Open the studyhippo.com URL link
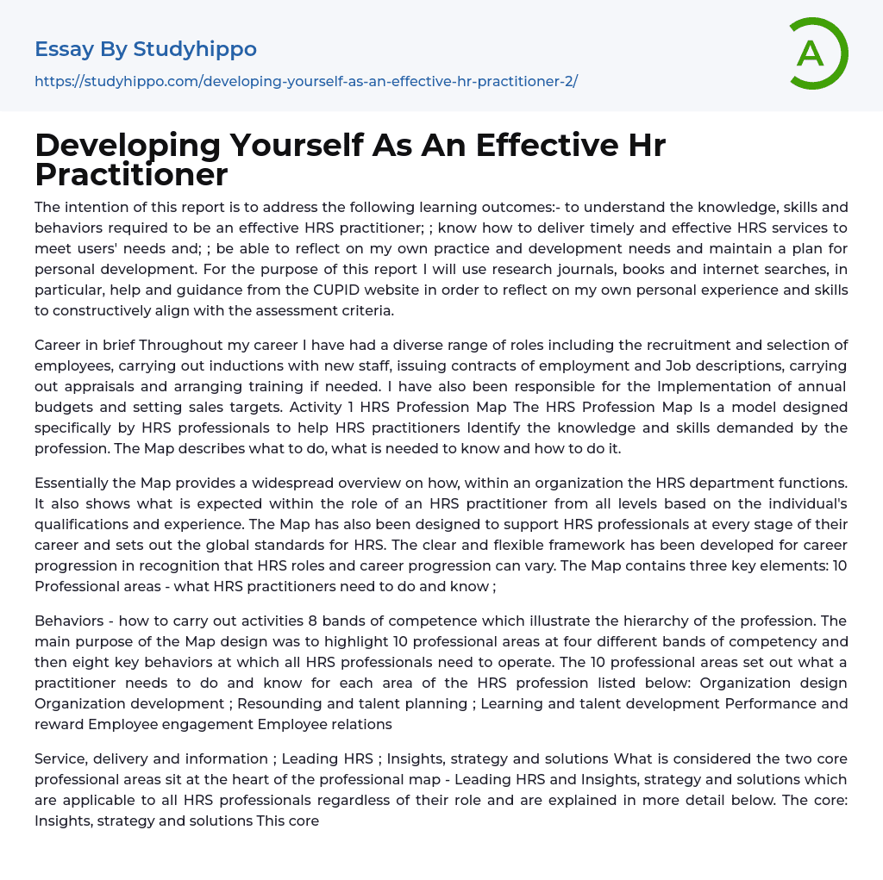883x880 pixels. tap(306, 82)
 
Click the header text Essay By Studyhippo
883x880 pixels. tap(146, 49)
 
